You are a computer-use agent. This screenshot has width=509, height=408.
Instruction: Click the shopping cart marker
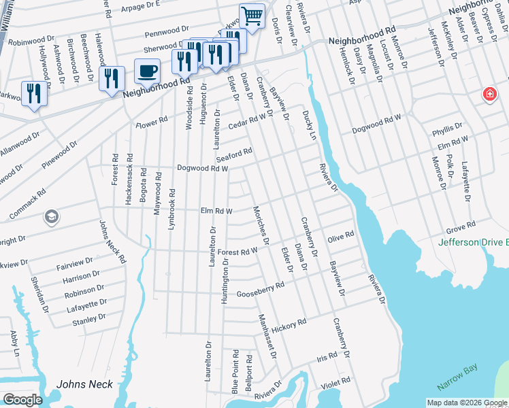tap(252, 16)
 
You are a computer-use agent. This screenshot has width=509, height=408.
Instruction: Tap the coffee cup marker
tap(147, 71)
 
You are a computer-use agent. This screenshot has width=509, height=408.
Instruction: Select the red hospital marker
tap(489, 95)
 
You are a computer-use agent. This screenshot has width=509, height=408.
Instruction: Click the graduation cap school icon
tap(50, 217)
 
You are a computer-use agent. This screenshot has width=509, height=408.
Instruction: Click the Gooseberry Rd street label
tap(259, 290)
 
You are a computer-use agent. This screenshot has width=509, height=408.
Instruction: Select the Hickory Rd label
tap(293, 323)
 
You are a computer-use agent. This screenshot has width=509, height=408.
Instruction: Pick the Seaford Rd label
tap(237, 154)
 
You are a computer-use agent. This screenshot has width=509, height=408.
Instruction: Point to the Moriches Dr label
tap(261, 225)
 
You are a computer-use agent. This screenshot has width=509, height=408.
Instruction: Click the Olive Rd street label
tap(340, 237)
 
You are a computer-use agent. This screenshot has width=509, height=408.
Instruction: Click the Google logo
tap(22, 399)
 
